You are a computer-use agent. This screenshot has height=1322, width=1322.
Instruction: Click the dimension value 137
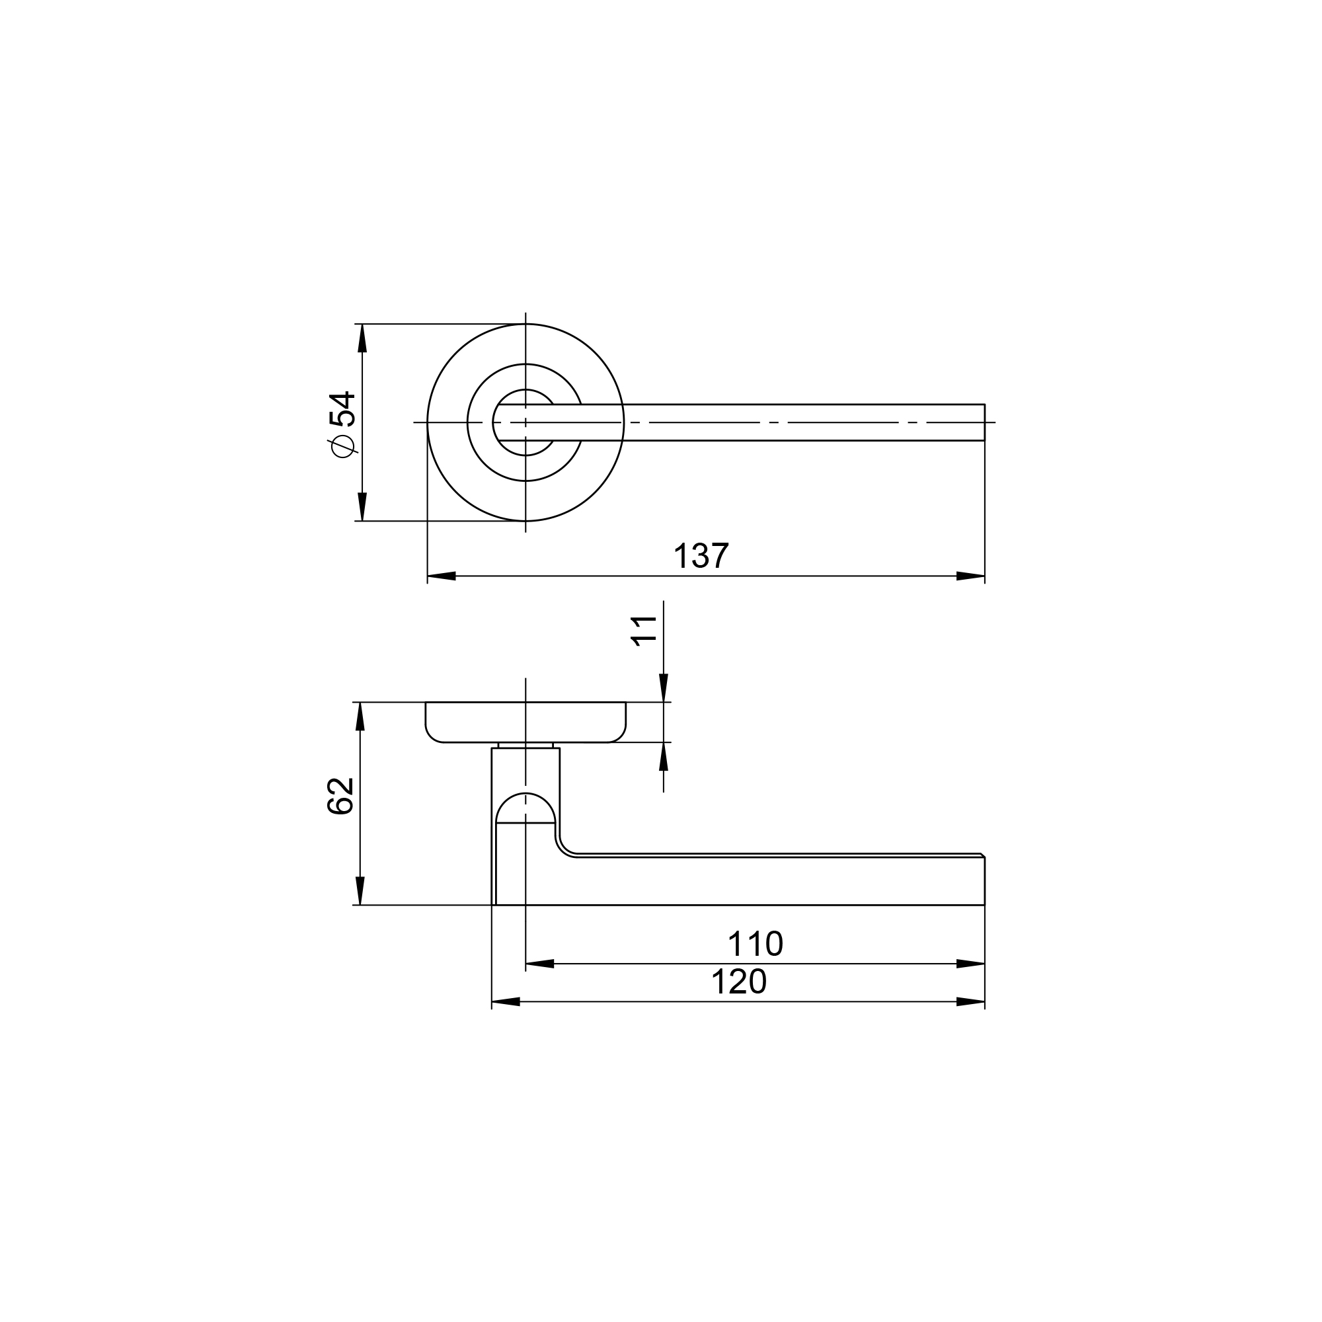701,556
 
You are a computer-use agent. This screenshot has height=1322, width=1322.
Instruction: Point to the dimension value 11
644,631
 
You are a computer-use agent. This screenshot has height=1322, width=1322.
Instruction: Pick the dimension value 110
755,945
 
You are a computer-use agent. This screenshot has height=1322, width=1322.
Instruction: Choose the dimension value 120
739,982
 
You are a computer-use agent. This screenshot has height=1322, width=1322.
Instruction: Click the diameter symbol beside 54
343,446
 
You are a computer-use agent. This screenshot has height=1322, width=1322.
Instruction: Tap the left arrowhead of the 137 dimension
442,576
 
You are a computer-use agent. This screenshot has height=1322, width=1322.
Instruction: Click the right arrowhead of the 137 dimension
970,576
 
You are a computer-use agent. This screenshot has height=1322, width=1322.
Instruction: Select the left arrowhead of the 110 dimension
539,964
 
